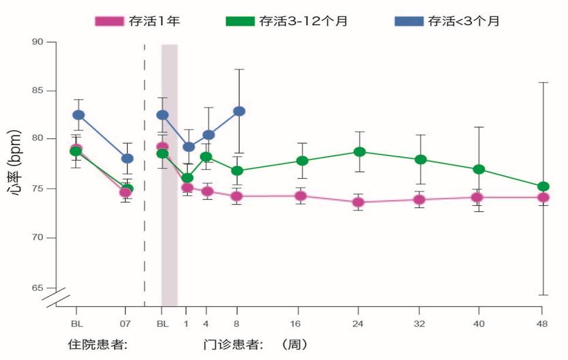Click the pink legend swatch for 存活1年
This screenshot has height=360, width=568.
[110, 21]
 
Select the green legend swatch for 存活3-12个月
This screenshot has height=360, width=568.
[241, 21]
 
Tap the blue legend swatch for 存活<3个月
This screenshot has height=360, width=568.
[409, 21]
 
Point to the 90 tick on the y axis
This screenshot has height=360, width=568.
[37, 42]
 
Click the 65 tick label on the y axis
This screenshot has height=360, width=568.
[37, 287]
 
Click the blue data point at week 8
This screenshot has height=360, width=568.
[239, 111]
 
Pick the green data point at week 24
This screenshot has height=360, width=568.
[360, 152]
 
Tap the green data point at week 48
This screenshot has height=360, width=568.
[543, 186]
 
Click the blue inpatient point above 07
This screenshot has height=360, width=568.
[127, 158]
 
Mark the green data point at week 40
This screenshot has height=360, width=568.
[479, 169]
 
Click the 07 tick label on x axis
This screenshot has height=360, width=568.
[124, 323]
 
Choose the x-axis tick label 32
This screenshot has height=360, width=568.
[418, 323]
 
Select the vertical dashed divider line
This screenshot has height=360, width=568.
[144, 176]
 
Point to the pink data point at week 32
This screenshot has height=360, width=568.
[419, 199]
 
